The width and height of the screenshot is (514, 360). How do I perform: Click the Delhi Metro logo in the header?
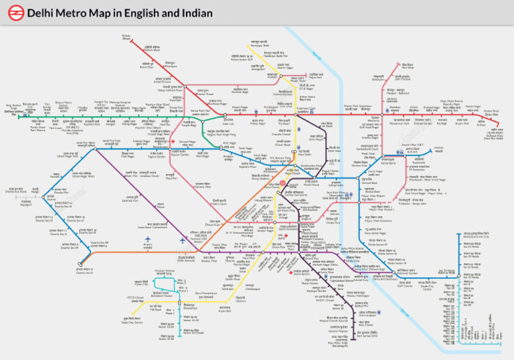(13, 13)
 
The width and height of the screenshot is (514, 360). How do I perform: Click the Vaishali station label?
(438, 150)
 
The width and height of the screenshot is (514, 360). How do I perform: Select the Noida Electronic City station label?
(476, 236)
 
